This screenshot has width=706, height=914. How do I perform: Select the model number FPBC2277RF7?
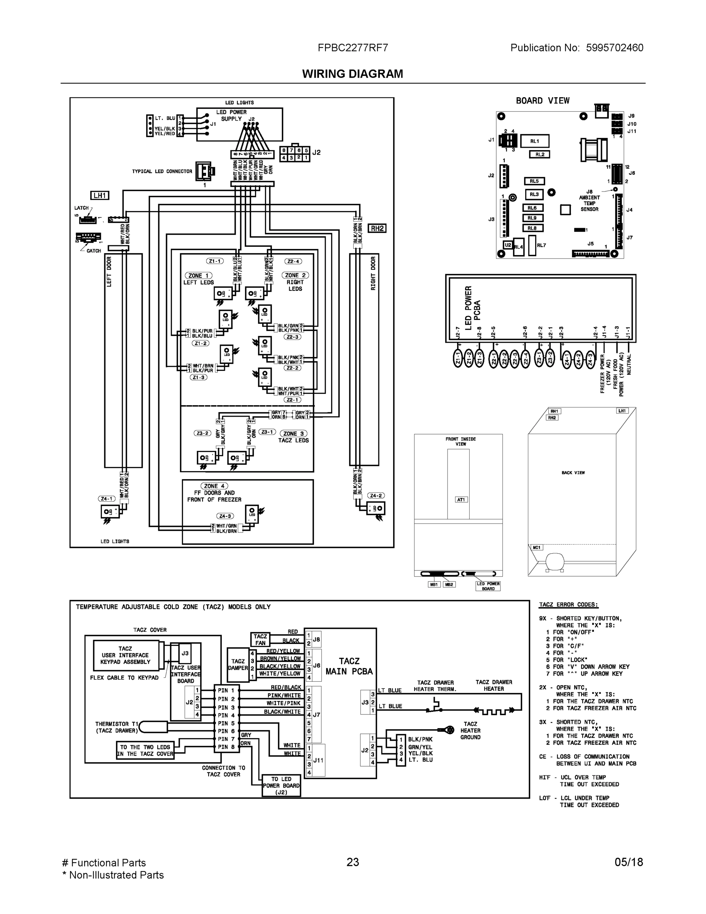coord(352,48)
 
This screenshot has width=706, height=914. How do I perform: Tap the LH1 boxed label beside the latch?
coord(100,195)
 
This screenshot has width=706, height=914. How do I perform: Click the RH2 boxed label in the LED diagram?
coord(377,228)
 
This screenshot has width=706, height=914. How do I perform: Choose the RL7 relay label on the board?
coord(541,245)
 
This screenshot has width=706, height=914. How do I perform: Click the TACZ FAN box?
coord(260,639)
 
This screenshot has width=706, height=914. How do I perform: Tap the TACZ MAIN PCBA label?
coord(349,666)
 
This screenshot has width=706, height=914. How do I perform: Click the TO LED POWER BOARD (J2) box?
coord(281,786)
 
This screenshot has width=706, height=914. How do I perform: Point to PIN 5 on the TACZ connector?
coord(226,723)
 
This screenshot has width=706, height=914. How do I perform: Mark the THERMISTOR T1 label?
coord(117,727)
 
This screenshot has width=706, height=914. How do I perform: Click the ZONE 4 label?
coord(215,486)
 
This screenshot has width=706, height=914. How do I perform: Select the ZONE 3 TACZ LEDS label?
coord(293,437)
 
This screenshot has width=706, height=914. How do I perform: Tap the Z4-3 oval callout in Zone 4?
coord(225,516)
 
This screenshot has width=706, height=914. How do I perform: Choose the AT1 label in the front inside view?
coord(461,500)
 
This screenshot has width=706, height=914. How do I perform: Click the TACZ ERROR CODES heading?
coord(568,605)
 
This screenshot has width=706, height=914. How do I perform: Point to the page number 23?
coord(352,862)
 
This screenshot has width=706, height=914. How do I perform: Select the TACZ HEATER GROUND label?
coord(470,730)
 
